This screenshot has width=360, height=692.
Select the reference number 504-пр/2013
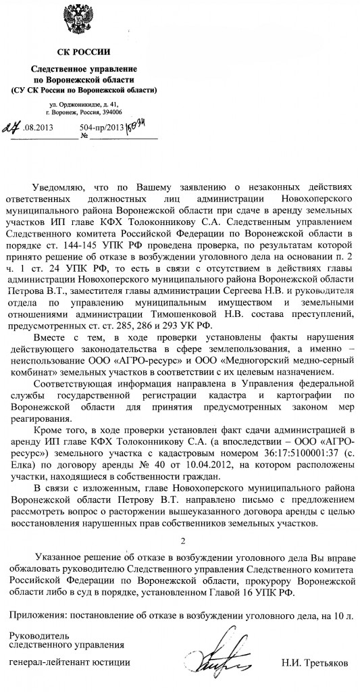point(101,126)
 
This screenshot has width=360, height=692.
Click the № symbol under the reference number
point(86,136)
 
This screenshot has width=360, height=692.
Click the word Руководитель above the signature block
point(38,636)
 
